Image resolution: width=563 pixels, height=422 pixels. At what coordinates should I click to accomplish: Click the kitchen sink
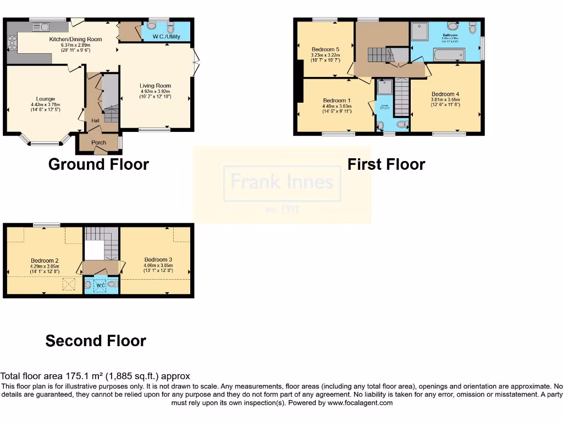[43, 26]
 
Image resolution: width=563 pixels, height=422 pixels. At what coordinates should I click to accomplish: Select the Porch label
[99, 142]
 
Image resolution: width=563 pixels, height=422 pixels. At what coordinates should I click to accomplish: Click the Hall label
[95, 121]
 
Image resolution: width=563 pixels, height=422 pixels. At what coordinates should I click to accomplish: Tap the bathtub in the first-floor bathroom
[449, 54]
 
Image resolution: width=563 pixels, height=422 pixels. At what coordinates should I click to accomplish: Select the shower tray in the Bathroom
[421, 32]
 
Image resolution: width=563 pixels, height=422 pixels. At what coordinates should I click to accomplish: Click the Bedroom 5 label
[325, 49]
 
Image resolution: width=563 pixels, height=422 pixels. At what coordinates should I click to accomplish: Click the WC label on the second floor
[101, 285]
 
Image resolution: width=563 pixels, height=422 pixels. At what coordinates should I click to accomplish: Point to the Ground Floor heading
[98, 164]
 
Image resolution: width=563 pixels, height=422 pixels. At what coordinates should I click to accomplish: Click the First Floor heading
[386, 164]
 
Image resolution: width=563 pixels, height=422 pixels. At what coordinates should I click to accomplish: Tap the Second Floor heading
[96, 341]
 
